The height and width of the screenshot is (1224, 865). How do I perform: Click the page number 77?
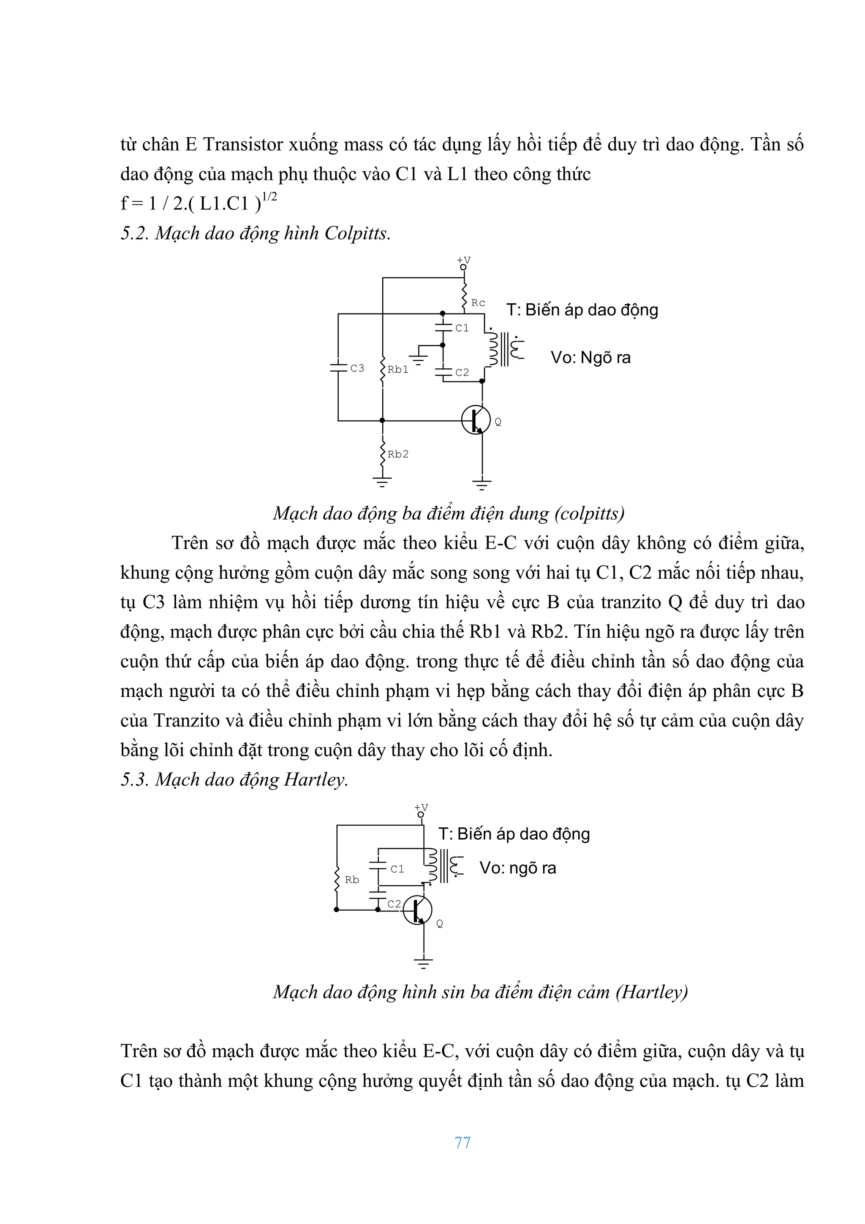coord(462,1142)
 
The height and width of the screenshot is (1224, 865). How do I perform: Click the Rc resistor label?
coord(478,303)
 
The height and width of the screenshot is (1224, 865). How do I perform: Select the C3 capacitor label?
coord(357,368)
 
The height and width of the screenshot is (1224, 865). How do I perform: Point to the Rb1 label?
coord(397,370)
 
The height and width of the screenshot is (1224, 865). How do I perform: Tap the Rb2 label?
coord(397,454)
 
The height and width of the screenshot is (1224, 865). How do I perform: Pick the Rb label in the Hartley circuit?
coord(352,880)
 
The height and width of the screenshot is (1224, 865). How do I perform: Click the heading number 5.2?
coord(134,234)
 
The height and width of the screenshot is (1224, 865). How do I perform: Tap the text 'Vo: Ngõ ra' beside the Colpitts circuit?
coord(590,357)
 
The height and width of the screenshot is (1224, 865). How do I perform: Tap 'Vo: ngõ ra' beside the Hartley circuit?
coord(517,868)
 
